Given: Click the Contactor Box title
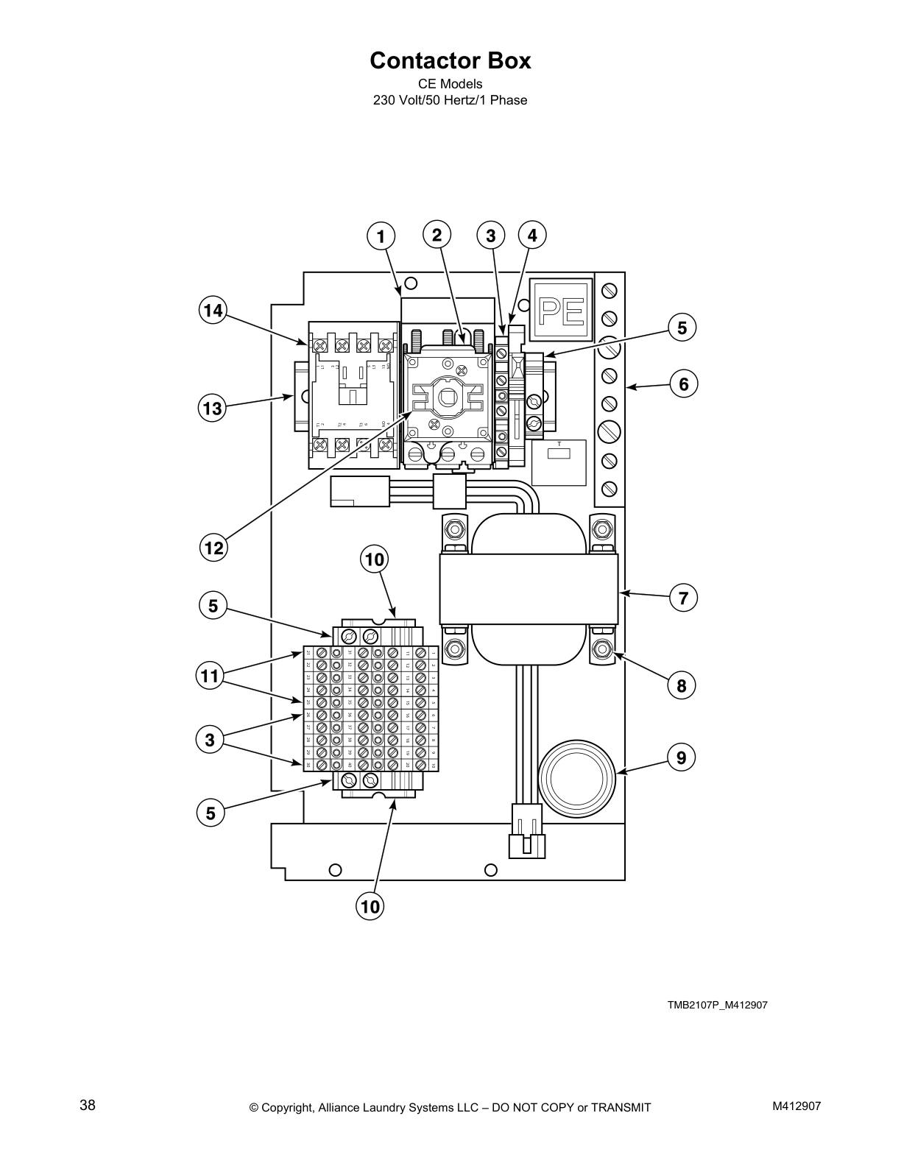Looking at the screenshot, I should click(450, 60).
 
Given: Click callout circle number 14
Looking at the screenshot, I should click(213, 311).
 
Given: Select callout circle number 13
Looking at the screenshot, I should click(213, 409).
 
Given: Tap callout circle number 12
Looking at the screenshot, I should click(213, 548).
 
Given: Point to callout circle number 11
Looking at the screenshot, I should click(211, 675).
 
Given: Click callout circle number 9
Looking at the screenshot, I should click(682, 757).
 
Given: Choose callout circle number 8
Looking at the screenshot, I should click(682, 686).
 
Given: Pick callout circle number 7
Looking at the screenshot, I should click(683, 598).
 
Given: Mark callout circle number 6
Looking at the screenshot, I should click(683, 384).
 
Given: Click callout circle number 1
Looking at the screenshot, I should click(381, 236).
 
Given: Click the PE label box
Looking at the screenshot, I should click(562, 309).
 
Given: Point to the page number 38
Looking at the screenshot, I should click(88, 1105).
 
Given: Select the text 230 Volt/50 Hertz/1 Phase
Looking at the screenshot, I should click(450, 100).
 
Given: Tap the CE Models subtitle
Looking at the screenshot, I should click(450, 84).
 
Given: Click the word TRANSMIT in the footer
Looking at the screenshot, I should click(616, 1107).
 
